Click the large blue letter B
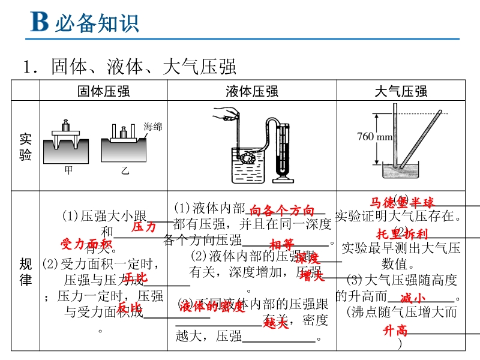[x=38, y=23]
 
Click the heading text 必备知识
[x=97, y=23]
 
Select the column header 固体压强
[x=103, y=91]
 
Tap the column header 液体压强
[x=251, y=91]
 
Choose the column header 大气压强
[x=400, y=91]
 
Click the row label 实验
[x=25, y=147]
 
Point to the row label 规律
[x=25, y=272]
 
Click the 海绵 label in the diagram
[x=152, y=127]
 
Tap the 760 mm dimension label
[x=374, y=136]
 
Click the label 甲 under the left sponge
[x=68, y=171]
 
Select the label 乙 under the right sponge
[x=124, y=171]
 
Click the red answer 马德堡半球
[x=401, y=202]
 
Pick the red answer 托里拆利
[x=401, y=234]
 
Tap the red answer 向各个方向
[x=281, y=211]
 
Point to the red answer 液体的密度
[x=212, y=307]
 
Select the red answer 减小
[x=412, y=298]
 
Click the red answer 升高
[x=395, y=331]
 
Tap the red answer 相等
[x=281, y=244]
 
